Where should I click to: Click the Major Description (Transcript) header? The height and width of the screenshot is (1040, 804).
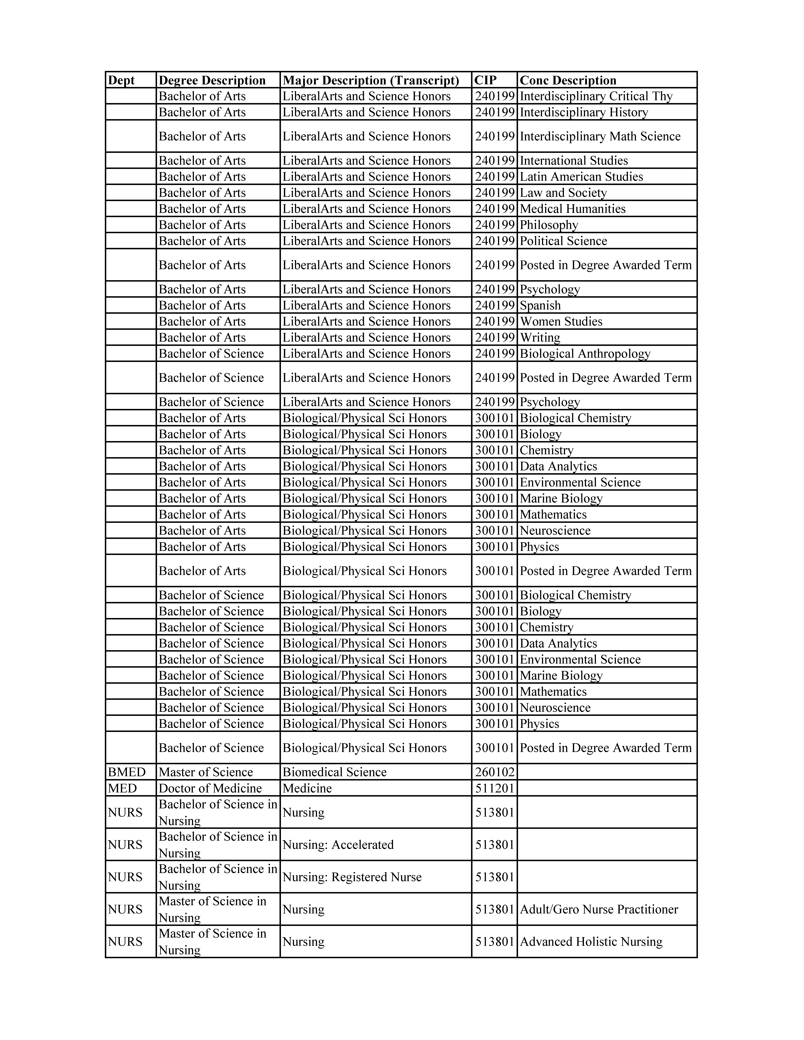371,80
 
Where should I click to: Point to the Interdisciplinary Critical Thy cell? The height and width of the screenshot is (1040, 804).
596,96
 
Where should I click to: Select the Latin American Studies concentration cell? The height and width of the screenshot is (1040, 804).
581,177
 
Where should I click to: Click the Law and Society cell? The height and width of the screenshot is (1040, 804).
563,193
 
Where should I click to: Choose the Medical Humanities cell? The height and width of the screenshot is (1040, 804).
573,209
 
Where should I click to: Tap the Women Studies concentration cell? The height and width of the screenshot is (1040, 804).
561,321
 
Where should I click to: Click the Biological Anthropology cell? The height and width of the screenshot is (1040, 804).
585,353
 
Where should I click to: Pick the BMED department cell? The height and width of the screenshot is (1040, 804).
127,772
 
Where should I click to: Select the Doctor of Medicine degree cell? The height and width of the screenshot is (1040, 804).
210,788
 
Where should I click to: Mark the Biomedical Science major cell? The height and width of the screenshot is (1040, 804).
334,772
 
